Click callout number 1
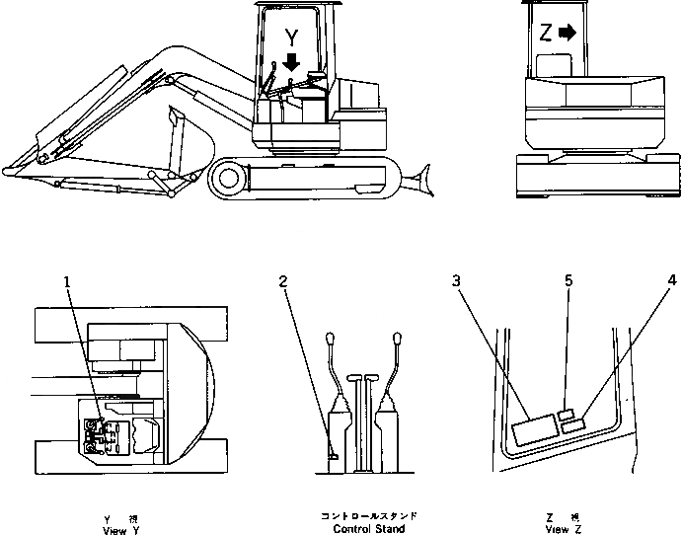[67, 281]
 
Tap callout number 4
[671, 281]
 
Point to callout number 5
[568, 281]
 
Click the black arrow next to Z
[567, 33]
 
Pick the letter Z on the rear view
[546, 33]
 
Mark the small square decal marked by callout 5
[566, 415]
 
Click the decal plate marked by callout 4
[571, 426]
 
